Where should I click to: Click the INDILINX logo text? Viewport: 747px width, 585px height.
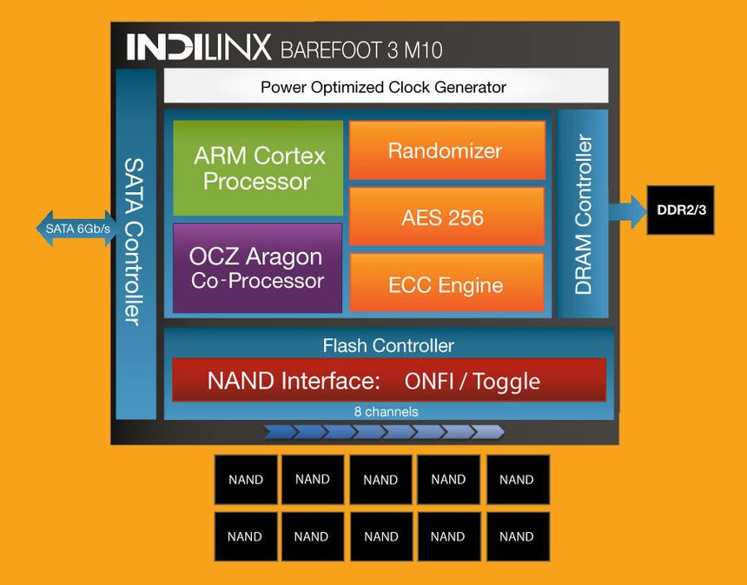pyautogui.click(x=199, y=47)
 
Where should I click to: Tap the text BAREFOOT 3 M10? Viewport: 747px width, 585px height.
pyautogui.click(x=361, y=49)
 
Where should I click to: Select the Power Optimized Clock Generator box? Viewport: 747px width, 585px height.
pyautogui.click(x=386, y=87)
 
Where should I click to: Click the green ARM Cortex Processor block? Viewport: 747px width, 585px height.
pyautogui.click(x=258, y=169)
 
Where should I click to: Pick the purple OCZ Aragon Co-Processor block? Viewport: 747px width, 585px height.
pyautogui.click(x=257, y=268)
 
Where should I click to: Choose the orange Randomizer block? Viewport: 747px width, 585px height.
pyautogui.click(x=446, y=150)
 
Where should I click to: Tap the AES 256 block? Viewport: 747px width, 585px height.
pyautogui.click(x=446, y=217)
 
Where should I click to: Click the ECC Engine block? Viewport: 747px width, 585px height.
pyautogui.click(x=446, y=284)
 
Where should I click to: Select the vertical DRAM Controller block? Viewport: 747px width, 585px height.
pyautogui.click(x=583, y=214)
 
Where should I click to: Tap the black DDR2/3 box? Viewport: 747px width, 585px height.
pyautogui.click(x=680, y=209)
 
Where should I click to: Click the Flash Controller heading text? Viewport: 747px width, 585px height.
pyautogui.click(x=388, y=345)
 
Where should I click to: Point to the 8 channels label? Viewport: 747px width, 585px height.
pyautogui.click(x=386, y=411)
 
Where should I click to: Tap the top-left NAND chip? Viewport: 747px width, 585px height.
pyautogui.click(x=246, y=479)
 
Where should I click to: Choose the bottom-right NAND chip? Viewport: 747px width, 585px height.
pyautogui.click(x=517, y=536)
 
